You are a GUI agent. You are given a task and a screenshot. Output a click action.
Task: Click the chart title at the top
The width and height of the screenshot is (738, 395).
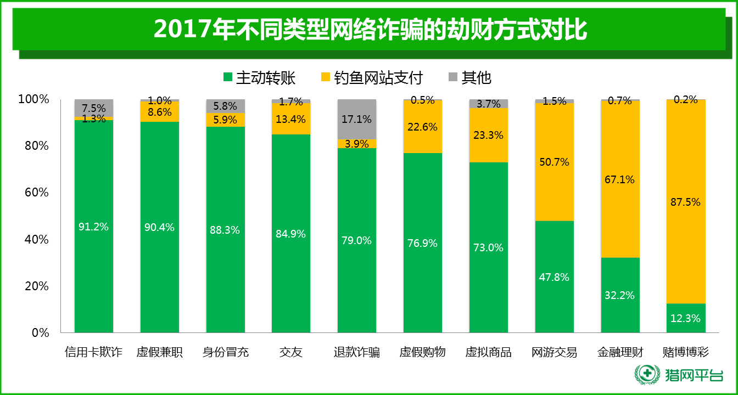pos(369,30)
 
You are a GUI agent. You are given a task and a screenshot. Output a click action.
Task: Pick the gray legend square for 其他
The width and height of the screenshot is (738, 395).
pos(454,77)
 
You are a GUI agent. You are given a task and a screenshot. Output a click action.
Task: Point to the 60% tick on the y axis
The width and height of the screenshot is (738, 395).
pos(34,193)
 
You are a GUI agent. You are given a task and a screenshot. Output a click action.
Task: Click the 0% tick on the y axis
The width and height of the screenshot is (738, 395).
pos(38,332)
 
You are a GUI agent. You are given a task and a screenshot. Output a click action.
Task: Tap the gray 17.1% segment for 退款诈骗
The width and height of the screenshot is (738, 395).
pos(357,119)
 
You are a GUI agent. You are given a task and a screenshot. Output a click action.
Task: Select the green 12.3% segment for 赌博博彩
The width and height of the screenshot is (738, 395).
pos(686,318)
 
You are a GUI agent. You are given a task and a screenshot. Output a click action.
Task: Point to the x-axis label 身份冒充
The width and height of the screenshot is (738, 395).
pos(226,352)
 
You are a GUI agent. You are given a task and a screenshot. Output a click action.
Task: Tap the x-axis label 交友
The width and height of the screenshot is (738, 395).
pos(291,352)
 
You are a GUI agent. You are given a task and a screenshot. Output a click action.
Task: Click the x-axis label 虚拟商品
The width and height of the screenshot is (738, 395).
pos(489,352)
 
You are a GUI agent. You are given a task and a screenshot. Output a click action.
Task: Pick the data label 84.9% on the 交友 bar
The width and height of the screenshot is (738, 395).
pos(291,234)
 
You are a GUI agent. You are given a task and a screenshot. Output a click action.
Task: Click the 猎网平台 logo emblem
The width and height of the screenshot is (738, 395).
pos(648,375)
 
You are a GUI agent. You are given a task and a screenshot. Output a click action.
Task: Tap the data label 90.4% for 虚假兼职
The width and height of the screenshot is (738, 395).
pos(159,227)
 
